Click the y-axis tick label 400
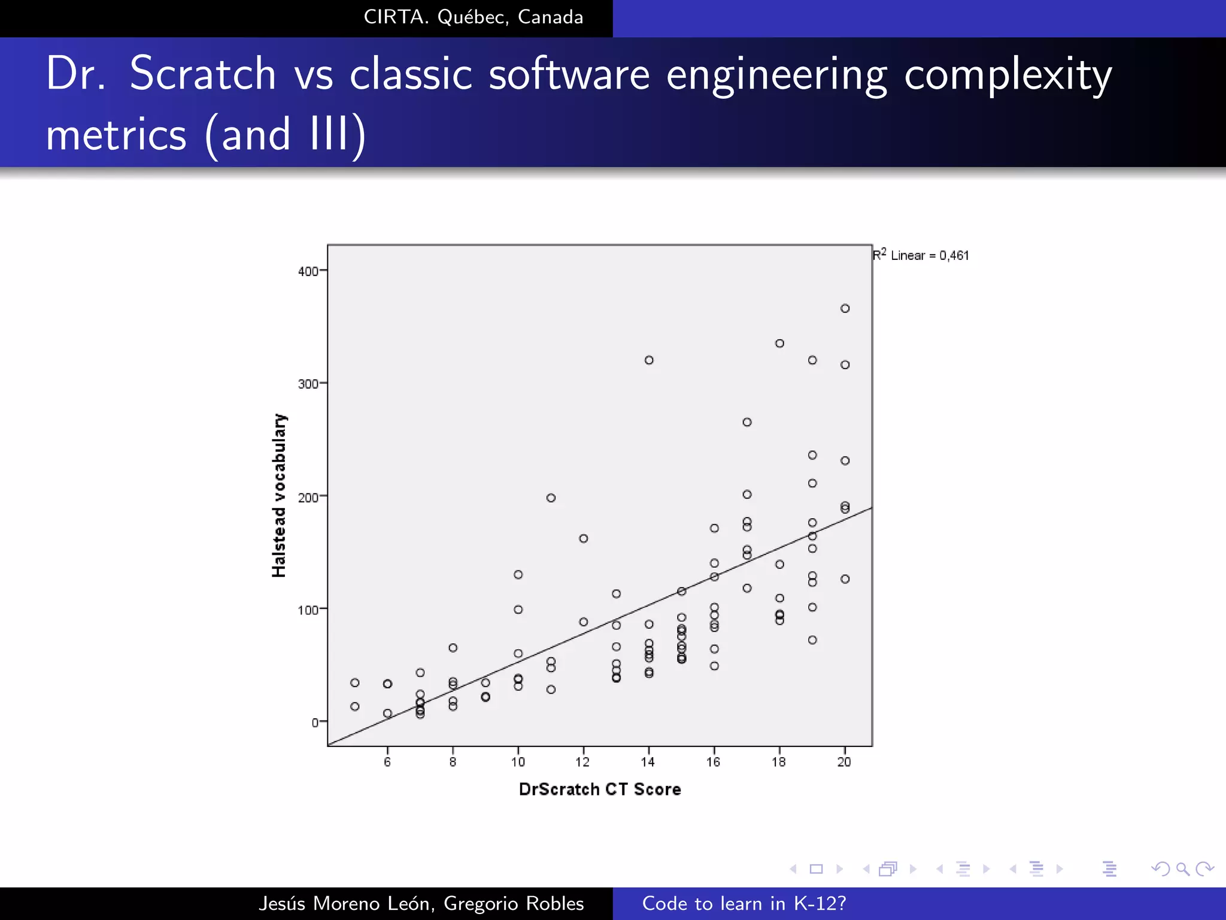pos(308,271)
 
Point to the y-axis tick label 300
pos(308,384)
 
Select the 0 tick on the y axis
pos(315,722)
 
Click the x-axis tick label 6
pos(387,762)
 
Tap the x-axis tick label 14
pos(648,762)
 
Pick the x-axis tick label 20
pos(844,762)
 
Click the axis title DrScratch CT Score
pos(600,789)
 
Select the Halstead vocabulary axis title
pos(279,495)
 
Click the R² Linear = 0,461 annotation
pos(921,255)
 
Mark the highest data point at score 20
pos(845,308)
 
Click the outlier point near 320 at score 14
pos(649,360)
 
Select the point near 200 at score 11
pos(551,498)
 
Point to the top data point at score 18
pos(779,343)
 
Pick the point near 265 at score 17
pos(747,422)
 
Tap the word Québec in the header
pos(473,17)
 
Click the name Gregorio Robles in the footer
pos(514,903)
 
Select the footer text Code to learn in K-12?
pos(744,903)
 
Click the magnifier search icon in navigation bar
pos(1182,869)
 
